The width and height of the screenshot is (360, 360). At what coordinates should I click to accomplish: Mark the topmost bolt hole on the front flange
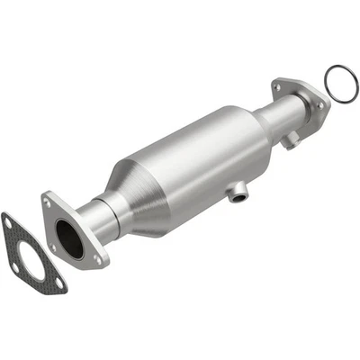tap(48, 204)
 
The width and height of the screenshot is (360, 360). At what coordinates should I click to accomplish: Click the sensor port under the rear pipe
tap(288, 140)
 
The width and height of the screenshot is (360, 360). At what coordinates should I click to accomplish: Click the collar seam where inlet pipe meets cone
tap(114, 205)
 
